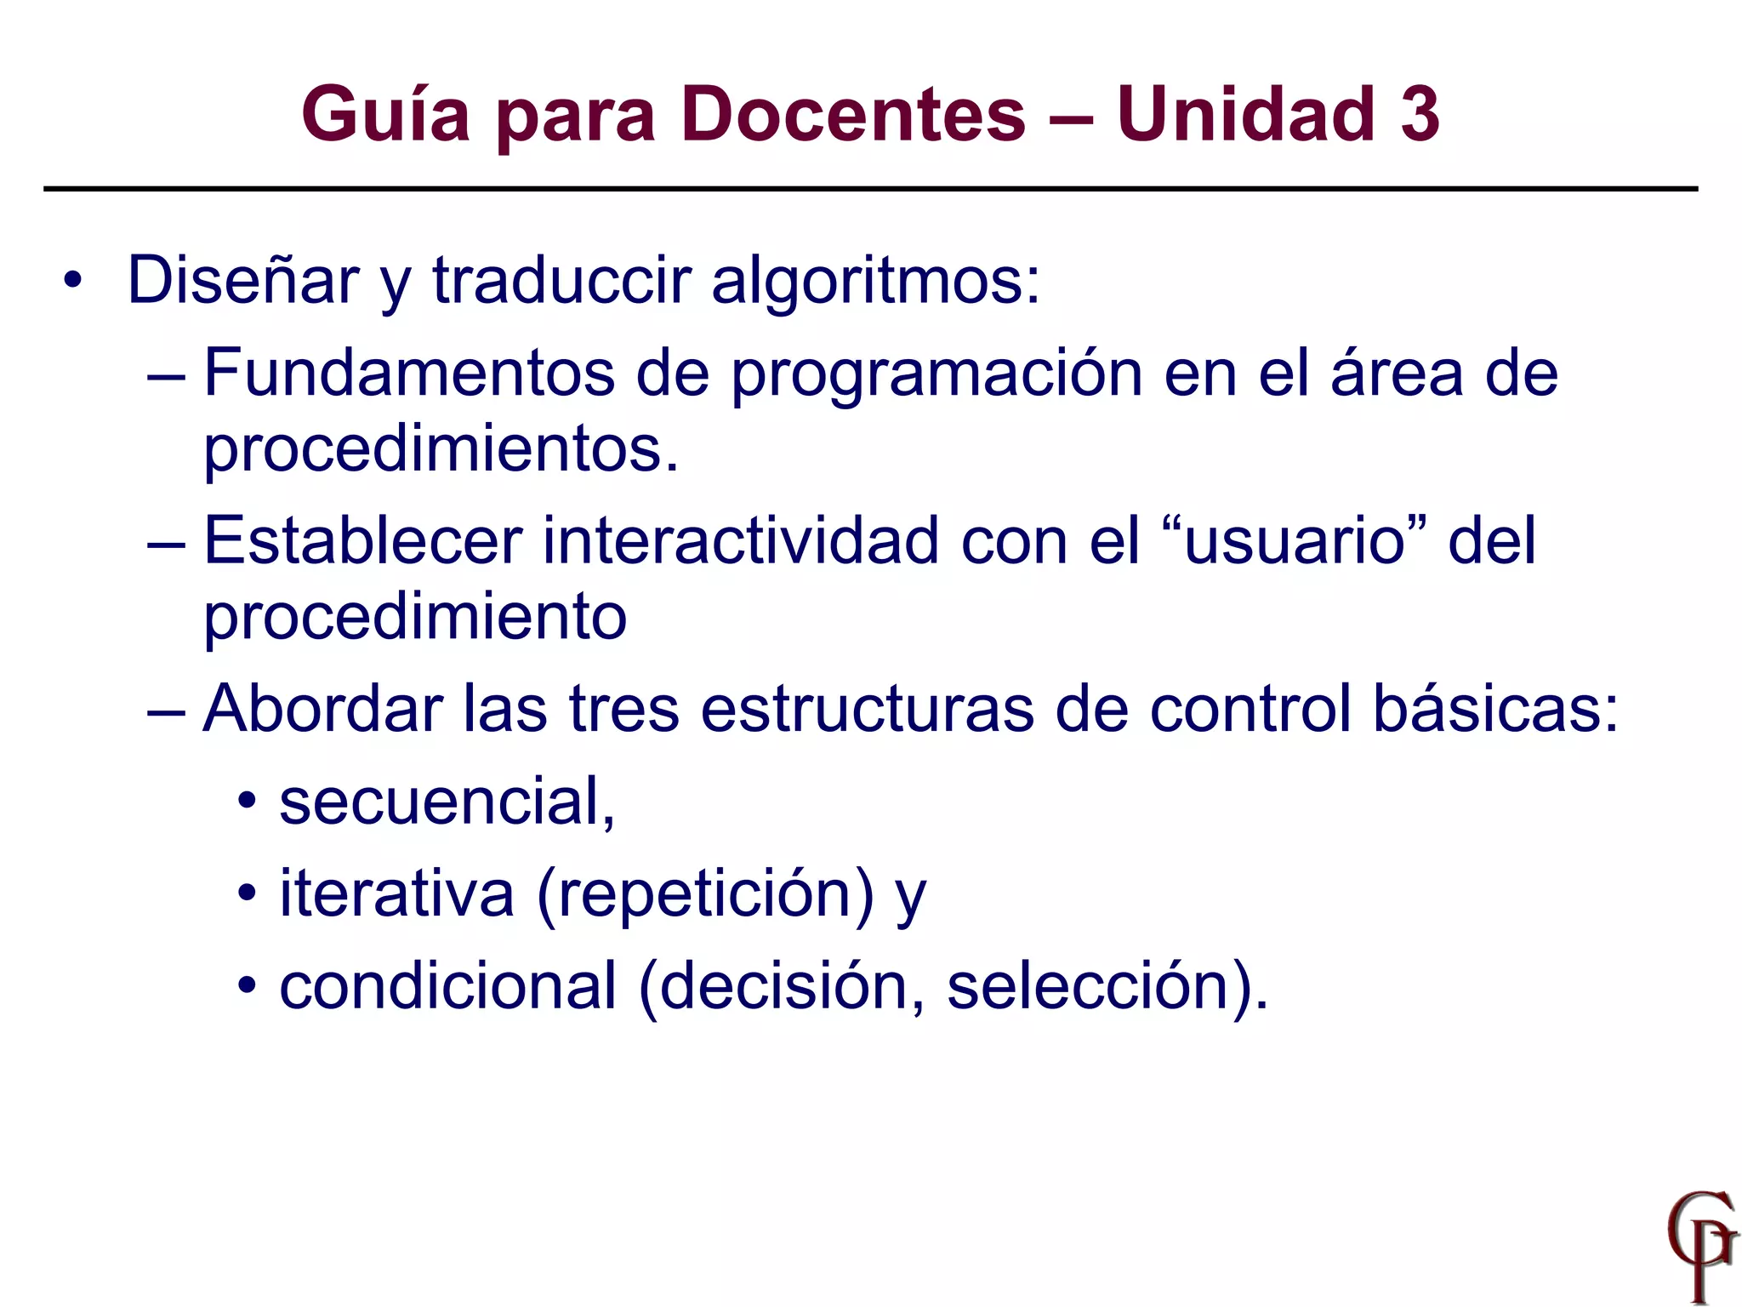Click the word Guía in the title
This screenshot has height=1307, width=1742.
[385, 115]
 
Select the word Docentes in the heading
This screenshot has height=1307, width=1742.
[853, 115]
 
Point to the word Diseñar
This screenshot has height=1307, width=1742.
[243, 280]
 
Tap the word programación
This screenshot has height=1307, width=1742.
[936, 374]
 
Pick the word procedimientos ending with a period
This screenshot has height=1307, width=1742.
[441, 449]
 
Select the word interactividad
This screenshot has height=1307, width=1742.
[741, 540]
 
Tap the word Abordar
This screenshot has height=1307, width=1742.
[322, 709]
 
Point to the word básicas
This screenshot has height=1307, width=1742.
[1495, 709]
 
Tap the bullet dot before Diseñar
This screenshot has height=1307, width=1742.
[73, 280]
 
